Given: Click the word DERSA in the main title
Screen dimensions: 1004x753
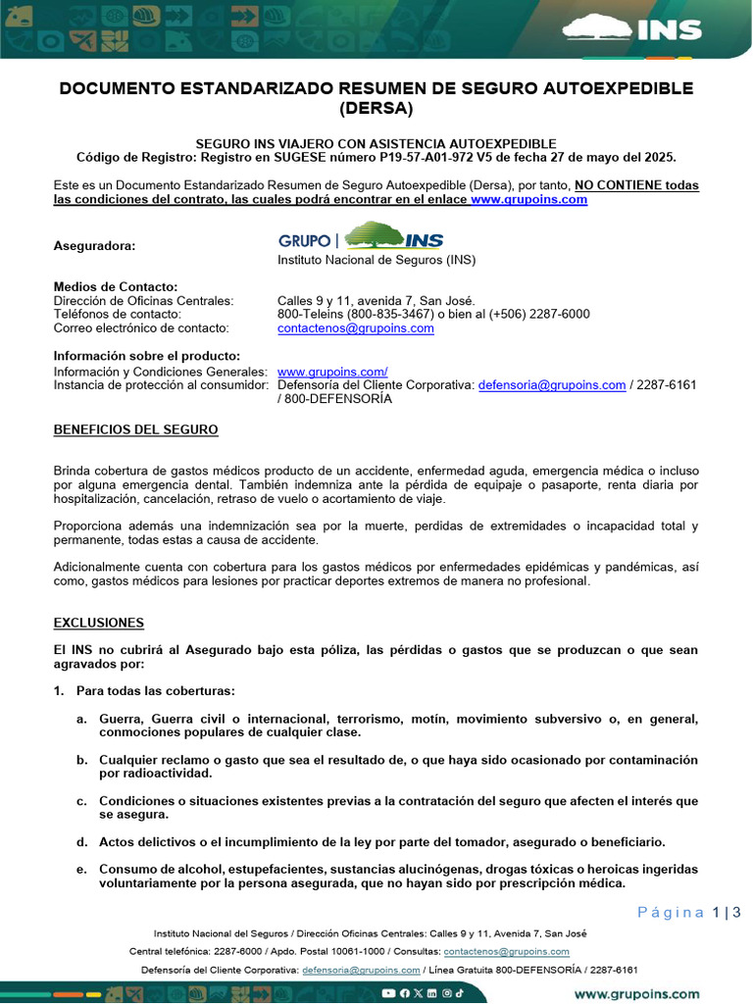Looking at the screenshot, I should pyautogui.click(x=376, y=108).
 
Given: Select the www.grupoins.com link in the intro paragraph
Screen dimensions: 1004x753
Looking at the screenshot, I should pyautogui.click(x=528, y=199).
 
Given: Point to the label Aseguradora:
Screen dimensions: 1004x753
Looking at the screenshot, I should pyautogui.click(x=94, y=246).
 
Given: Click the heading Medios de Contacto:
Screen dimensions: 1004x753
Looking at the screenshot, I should pyautogui.click(x=116, y=286).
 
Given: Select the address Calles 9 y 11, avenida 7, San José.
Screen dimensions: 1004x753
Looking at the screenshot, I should pyautogui.click(x=376, y=300).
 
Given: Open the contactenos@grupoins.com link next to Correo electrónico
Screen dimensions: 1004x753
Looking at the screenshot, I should pyautogui.click(x=355, y=328).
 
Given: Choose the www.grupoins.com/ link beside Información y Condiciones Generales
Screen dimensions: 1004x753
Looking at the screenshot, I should pyautogui.click(x=332, y=372).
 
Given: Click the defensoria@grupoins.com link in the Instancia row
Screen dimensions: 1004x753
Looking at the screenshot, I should pyautogui.click(x=552, y=385).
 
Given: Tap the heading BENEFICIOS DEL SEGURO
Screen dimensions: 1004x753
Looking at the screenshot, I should pyautogui.click(x=135, y=430).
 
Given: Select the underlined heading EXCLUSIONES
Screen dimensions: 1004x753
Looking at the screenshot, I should pyautogui.click(x=98, y=624).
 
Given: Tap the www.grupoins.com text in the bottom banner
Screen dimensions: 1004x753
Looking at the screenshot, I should pyautogui.click(x=637, y=993).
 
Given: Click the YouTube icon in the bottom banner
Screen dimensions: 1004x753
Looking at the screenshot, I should pyautogui.click(x=389, y=993).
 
